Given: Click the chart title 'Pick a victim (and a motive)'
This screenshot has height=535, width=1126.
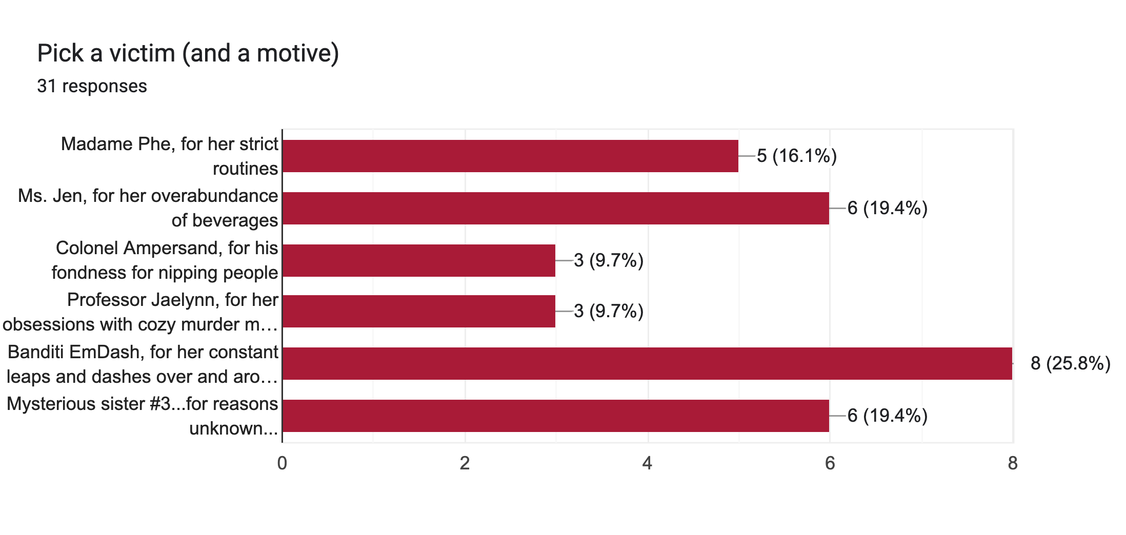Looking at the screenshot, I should point(188,53).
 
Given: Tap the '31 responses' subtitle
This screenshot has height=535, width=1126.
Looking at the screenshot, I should point(92,86).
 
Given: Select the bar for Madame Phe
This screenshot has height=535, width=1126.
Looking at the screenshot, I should point(510,156).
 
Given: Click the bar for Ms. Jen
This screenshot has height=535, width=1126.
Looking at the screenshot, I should point(555,208).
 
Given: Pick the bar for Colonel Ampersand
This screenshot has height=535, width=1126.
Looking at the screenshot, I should point(418,260).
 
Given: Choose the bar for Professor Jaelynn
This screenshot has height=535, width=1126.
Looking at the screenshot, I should point(418,311).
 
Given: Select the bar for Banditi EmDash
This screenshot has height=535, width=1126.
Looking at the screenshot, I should point(647,363).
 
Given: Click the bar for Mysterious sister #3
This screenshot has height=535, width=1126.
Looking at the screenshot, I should point(555,416).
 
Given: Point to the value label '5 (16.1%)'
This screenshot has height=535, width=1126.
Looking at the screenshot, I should point(797,156).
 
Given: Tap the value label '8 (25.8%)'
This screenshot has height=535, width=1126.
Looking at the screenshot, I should point(1071,363).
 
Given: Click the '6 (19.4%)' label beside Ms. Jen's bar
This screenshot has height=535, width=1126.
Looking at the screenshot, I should point(888,208).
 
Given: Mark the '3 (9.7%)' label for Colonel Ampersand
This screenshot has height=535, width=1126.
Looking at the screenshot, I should point(609,260).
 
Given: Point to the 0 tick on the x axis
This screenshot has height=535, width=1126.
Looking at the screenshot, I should point(282,463).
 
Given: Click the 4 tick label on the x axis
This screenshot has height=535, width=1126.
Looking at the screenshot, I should point(647,463).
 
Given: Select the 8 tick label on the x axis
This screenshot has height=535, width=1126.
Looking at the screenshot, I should point(1013,463).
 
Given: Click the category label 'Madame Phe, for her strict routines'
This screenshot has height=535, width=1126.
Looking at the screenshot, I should point(169,156).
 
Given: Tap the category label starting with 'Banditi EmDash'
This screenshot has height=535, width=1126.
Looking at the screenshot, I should point(143,364).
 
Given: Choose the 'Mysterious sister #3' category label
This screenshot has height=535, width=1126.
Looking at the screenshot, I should point(143,416).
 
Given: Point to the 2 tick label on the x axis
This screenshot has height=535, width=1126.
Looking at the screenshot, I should point(465,463).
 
